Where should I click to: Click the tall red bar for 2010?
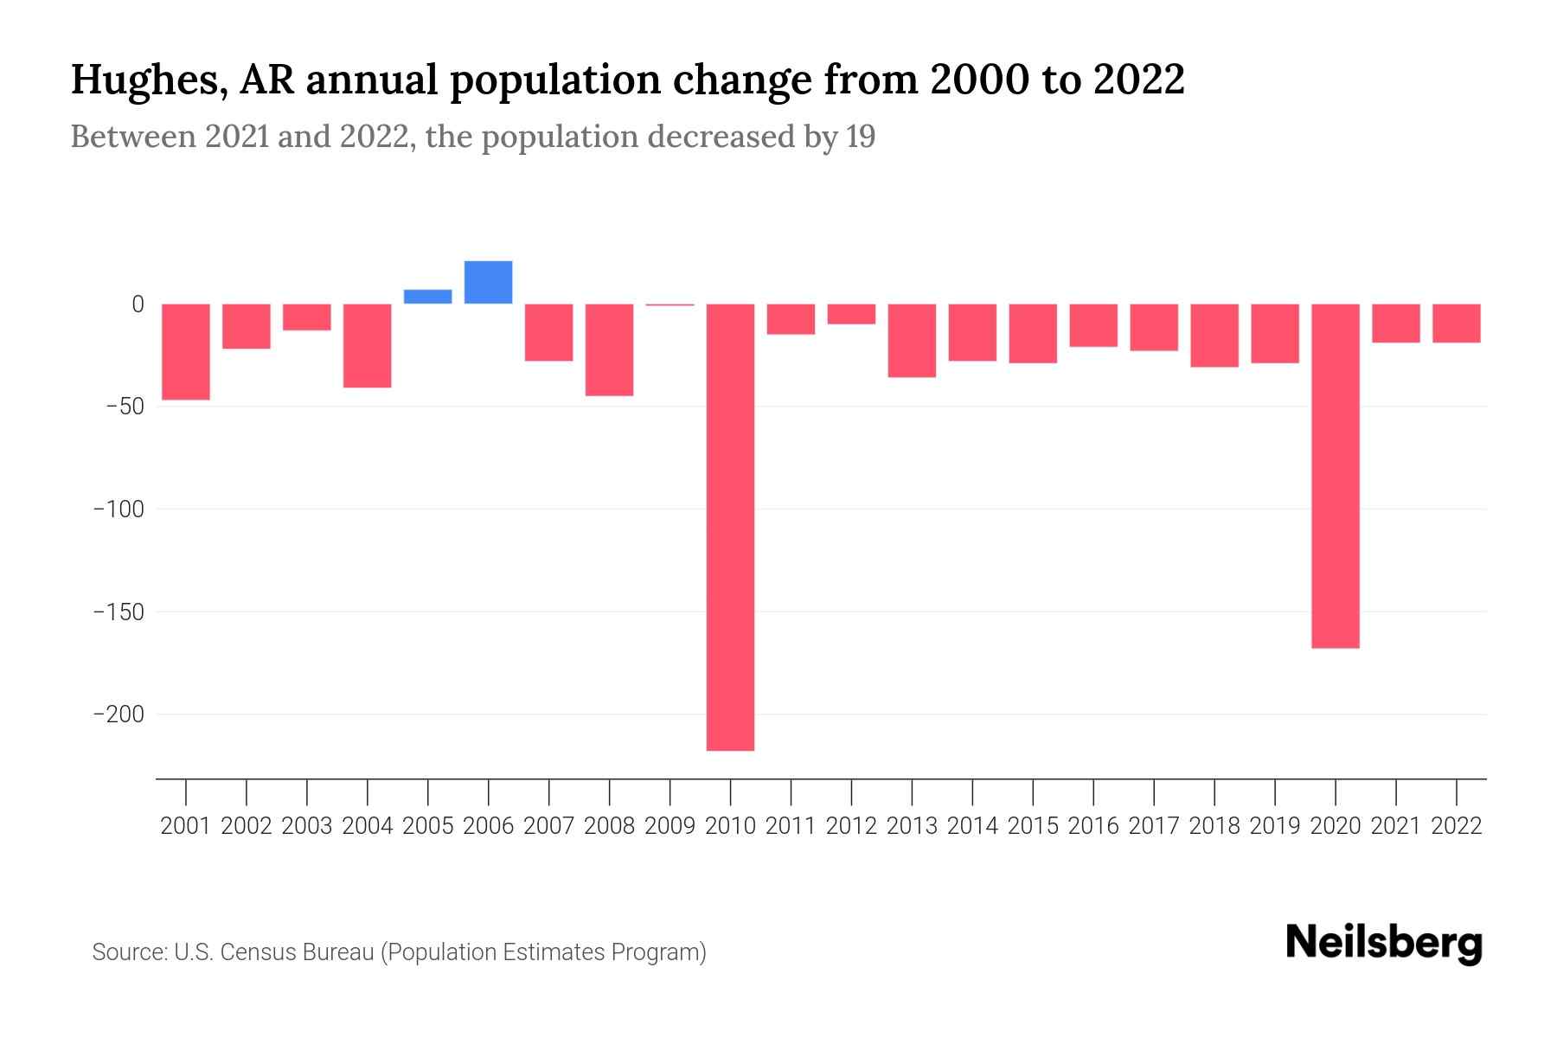(x=730, y=527)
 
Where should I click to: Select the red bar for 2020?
(x=1335, y=476)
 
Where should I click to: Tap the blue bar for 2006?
(x=488, y=282)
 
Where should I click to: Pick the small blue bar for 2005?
(x=427, y=297)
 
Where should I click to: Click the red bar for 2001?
(x=186, y=351)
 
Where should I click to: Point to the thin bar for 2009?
(x=670, y=304)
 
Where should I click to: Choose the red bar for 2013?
(x=912, y=340)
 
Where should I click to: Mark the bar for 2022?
(x=1457, y=324)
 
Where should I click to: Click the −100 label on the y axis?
(x=119, y=509)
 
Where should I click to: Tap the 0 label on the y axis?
(x=138, y=304)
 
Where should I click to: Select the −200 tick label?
(x=119, y=714)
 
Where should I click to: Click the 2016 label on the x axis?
(x=1093, y=826)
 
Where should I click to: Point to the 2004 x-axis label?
(x=368, y=826)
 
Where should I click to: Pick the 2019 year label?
(x=1275, y=826)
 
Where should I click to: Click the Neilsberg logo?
(x=1383, y=944)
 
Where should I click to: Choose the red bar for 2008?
(x=609, y=349)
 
